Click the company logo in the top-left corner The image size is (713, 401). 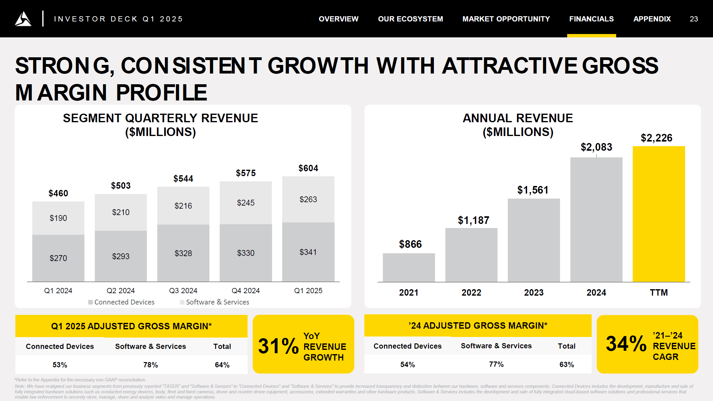point(23,19)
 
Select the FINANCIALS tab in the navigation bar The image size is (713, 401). point(591,19)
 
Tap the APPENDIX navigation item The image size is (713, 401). point(652,19)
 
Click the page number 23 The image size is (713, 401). point(694,19)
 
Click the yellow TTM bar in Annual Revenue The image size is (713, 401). point(659,214)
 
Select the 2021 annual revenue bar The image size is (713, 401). point(409,267)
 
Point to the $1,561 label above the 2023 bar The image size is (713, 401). point(533,190)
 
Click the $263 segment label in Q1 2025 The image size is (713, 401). point(308,199)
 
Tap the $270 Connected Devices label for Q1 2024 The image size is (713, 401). point(58,258)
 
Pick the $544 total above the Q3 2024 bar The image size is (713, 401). point(183,179)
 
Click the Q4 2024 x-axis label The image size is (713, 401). point(246,290)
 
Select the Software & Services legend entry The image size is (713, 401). point(217,302)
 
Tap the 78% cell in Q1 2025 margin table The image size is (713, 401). point(150,365)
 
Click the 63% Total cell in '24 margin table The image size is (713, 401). point(567,365)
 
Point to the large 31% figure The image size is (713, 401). point(278,346)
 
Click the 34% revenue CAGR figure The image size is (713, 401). point(626,344)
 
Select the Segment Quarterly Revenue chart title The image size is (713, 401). point(160,125)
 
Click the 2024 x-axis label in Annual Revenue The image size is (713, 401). point(596,293)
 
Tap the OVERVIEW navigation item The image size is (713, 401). point(338,19)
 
